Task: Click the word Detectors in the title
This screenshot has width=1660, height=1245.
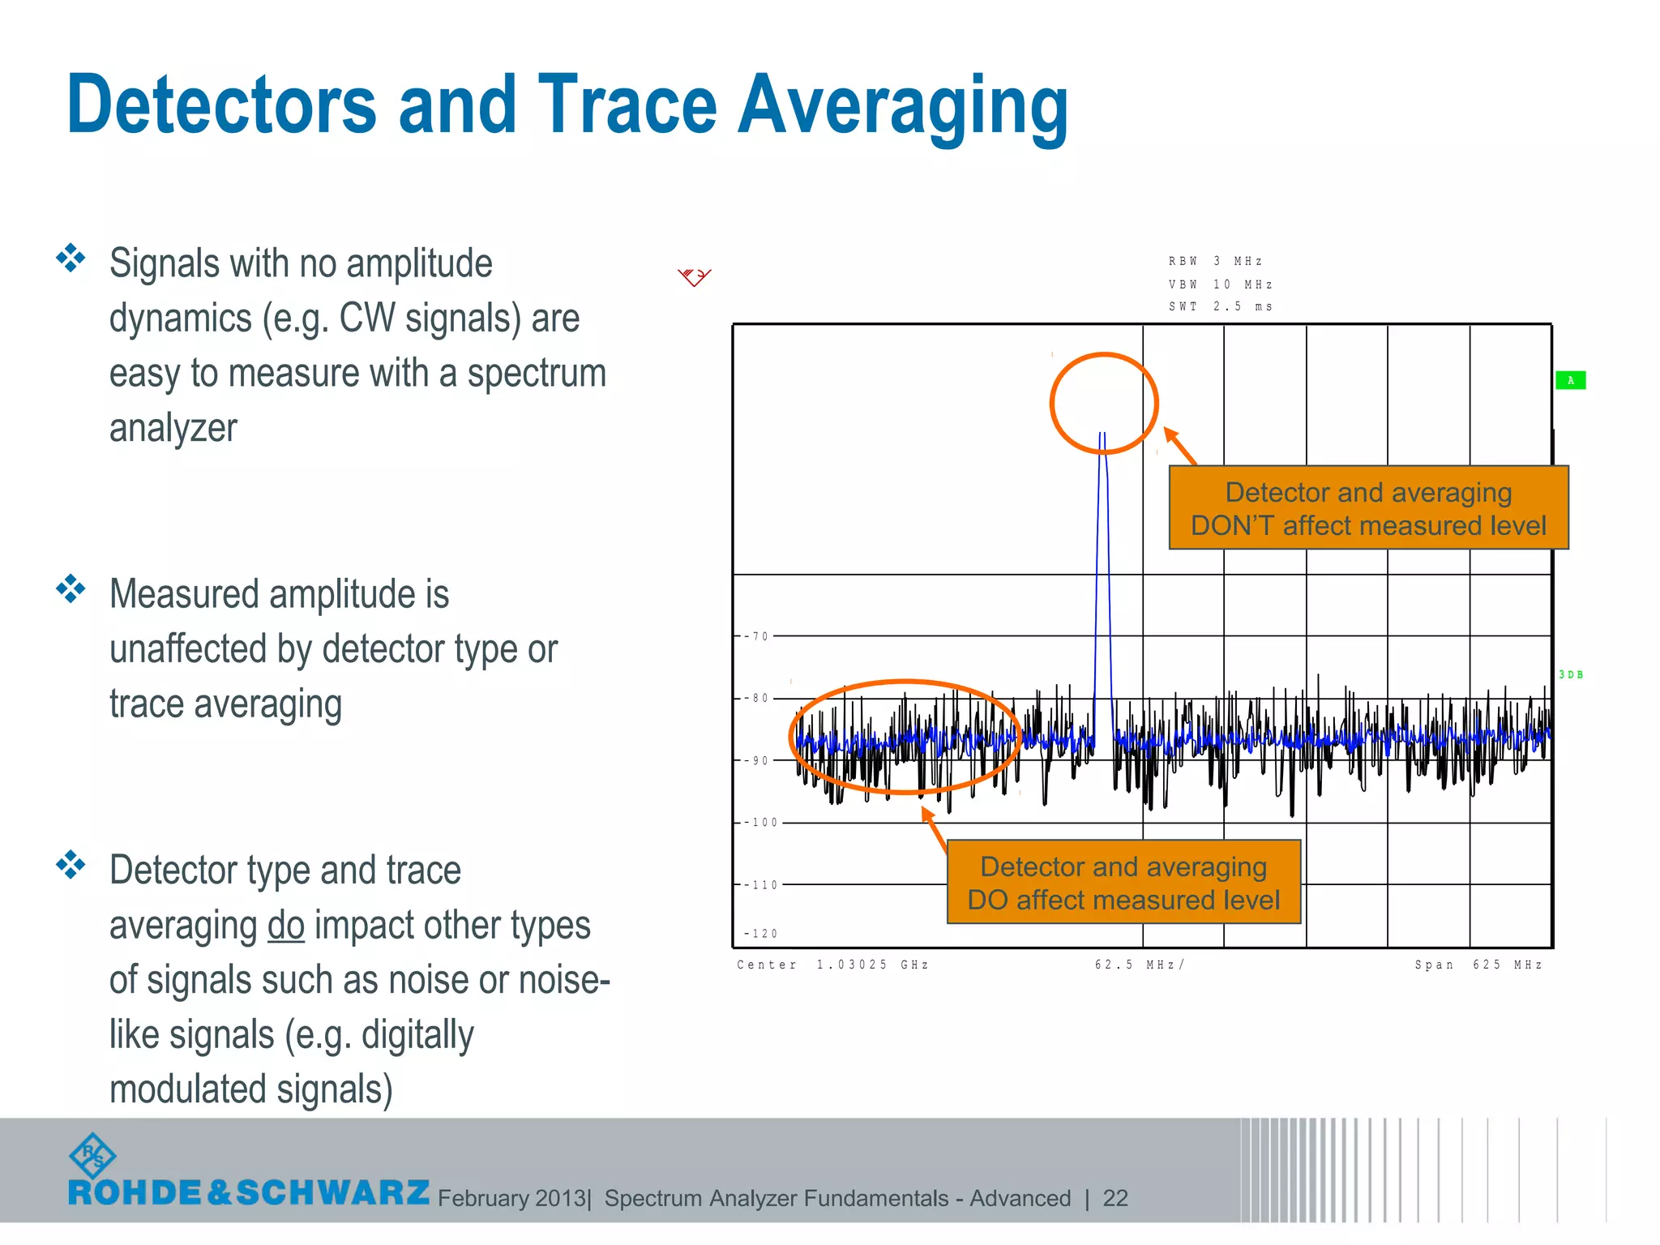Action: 220,105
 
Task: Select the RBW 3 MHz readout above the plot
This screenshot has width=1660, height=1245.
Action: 1215,261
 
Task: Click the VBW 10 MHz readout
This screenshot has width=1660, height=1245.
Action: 1220,285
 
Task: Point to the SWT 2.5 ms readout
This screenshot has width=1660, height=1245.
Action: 1220,306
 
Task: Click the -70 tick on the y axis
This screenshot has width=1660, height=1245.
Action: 757,636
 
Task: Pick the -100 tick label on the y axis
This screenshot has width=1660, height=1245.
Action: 761,823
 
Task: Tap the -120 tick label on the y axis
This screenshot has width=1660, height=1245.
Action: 761,934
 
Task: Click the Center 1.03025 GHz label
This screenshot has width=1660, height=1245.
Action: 832,965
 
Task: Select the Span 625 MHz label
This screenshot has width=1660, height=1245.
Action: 1478,965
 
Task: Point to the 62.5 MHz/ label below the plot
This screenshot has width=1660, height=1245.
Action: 1140,965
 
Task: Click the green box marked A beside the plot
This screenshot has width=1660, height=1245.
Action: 1570,380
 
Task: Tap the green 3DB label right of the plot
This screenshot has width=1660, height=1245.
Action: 1571,674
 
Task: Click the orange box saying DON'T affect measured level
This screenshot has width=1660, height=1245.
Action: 1368,508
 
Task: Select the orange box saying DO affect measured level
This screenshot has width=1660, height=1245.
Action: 1123,883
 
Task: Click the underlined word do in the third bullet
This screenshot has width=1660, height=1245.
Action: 286,926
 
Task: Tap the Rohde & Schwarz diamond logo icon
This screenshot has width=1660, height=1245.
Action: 92,1156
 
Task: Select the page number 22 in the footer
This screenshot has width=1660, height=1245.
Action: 1115,1198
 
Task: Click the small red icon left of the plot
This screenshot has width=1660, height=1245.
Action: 694,277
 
